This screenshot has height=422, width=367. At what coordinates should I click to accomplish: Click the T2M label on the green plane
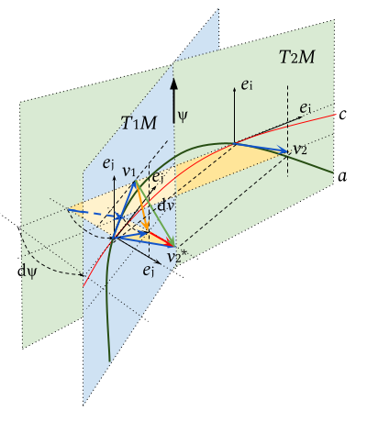(x=296, y=57)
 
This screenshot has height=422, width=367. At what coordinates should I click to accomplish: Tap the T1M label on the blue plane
(x=139, y=123)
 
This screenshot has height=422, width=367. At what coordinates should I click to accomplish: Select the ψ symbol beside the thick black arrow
(x=183, y=117)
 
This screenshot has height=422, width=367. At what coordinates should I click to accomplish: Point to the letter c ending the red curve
(x=342, y=115)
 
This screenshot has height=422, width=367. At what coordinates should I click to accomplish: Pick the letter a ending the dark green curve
(x=342, y=177)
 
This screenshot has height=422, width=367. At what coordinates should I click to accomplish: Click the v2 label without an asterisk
(x=300, y=150)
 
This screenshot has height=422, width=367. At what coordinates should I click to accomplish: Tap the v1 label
(x=128, y=172)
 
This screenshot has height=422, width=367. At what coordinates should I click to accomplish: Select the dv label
(x=165, y=205)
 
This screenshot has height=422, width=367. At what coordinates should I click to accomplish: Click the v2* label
(x=177, y=257)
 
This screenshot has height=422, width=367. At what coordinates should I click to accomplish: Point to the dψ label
(x=28, y=272)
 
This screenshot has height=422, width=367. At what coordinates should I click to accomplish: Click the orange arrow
(x=142, y=205)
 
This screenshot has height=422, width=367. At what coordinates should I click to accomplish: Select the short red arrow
(x=161, y=239)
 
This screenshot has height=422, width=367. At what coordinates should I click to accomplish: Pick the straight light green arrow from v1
(x=155, y=214)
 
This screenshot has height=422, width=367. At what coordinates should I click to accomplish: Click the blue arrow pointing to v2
(x=261, y=148)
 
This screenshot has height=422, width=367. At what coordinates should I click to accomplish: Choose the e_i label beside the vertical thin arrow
(x=247, y=85)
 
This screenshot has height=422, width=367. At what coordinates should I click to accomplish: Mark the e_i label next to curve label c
(x=305, y=108)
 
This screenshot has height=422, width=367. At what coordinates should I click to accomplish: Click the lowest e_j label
(x=149, y=271)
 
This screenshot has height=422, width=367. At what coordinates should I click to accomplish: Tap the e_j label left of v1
(x=108, y=164)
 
